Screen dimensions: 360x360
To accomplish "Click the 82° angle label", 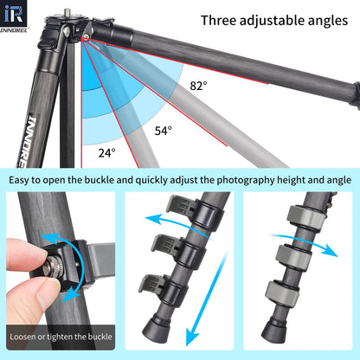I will click(199, 86).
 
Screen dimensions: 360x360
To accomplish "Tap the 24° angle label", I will click(106, 152).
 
